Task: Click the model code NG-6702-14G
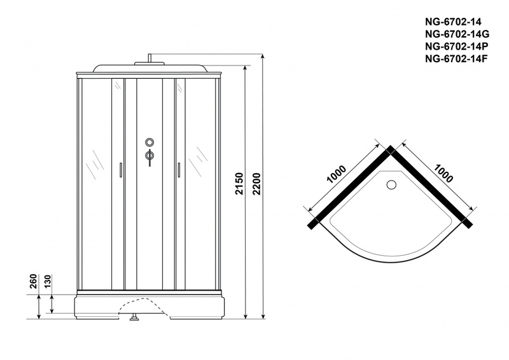point(457,34)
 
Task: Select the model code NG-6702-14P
point(456,46)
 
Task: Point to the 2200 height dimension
point(257,184)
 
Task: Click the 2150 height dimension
point(239,184)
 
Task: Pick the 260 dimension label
point(34,281)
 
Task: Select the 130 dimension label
point(47,281)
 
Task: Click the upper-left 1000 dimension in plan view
point(337,174)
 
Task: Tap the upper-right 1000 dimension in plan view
point(443,174)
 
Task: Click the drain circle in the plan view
point(391,185)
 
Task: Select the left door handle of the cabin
point(120,170)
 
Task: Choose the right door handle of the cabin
point(179,170)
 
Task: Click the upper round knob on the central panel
point(150,142)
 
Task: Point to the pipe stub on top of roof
point(150,58)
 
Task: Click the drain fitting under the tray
point(134,317)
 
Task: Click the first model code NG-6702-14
point(453,22)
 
